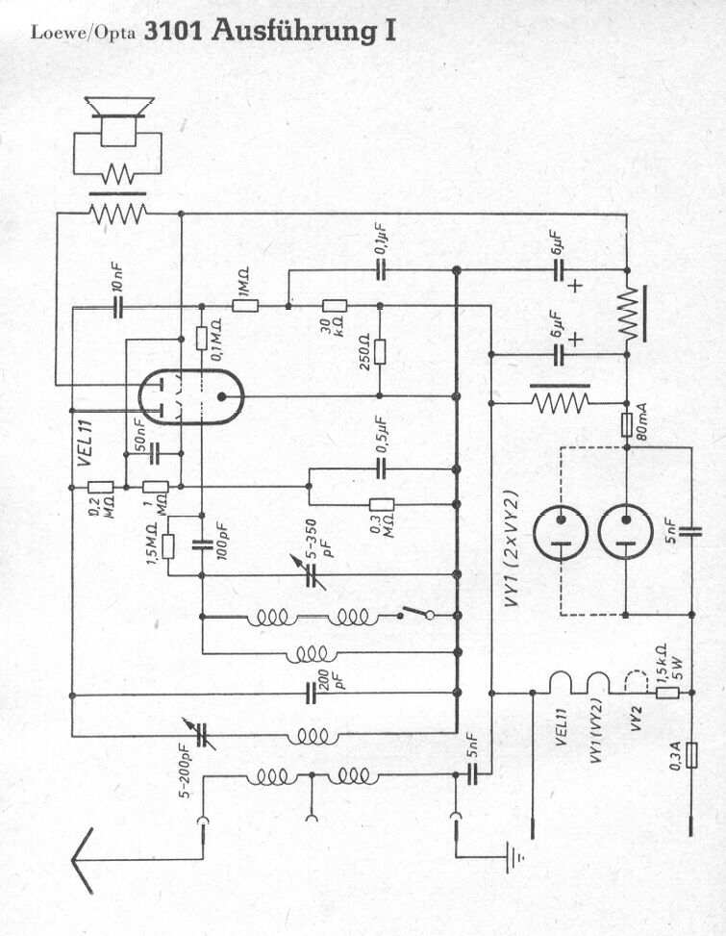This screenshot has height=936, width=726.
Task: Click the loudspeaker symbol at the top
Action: (x=119, y=119)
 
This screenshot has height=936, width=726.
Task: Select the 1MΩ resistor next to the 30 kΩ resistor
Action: (x=245, y=306)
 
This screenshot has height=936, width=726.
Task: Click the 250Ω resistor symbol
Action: (x=380, y=351)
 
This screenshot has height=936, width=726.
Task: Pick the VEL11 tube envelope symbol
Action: (x=191, y=396)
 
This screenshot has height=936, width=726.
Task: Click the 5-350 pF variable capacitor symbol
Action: (x=312, y=574)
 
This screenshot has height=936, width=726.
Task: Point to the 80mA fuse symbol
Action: (x=626, y=425)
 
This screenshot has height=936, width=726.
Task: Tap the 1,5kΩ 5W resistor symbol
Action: (x=667, y=693)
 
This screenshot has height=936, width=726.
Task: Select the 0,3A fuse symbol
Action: (x=691, y=756)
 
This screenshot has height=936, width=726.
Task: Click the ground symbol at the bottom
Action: (x=513, y=857)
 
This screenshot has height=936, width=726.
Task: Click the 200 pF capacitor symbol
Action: (x=311, y=693)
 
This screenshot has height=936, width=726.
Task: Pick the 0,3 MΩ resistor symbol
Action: (x=381, y=504)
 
